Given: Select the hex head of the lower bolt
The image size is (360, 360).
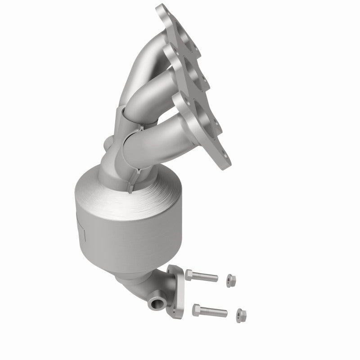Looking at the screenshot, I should pos(196,308).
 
